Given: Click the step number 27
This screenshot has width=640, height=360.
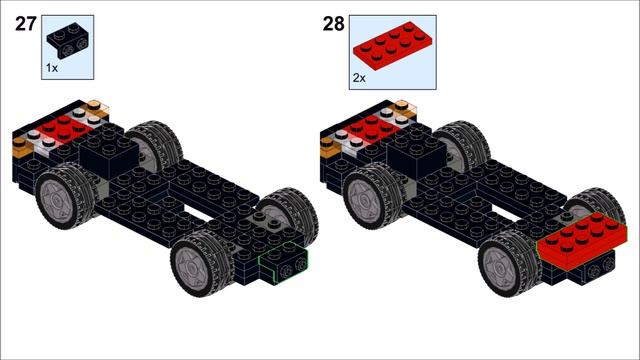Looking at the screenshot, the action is (x=26, y=24).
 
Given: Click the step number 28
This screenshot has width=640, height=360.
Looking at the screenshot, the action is (x=333, y=24).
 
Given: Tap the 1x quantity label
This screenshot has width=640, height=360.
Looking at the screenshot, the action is (x=52, y=68).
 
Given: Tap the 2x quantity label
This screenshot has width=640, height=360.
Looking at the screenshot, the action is (x=359, y=78).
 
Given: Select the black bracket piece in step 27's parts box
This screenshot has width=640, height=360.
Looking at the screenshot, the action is (x=69, y=41).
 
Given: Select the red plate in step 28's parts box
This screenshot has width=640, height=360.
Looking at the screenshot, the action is (x=392, y=46).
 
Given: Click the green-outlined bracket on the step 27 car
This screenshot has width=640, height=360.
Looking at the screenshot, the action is (x=284, y=262).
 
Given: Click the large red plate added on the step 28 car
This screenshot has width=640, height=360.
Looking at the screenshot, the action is (x=582, y=241).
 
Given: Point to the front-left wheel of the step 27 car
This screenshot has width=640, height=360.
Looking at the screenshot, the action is (x=200, y=263).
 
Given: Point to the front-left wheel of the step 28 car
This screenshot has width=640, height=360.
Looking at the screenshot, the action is (x=508, y=263).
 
